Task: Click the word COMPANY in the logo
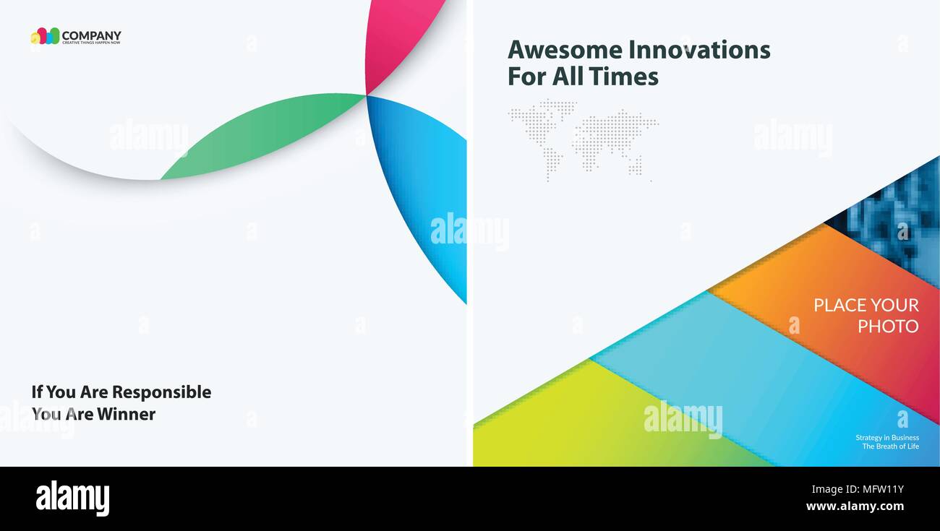coord(91,35)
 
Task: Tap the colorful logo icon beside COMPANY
coord(45,36)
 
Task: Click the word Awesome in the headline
coord(564,50)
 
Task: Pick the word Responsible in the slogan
coord(161,392)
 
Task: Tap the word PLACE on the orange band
coord(839,305)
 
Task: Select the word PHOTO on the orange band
coord(888,327)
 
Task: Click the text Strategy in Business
coord(887,437)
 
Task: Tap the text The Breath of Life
coord(890,446)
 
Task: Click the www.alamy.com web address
coord(855,506)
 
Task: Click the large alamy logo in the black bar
coord(72,498)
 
